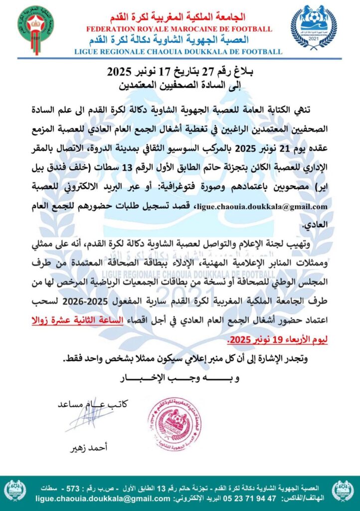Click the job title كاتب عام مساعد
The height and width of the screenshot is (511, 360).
pyautogui.click(x=93, y=403)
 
